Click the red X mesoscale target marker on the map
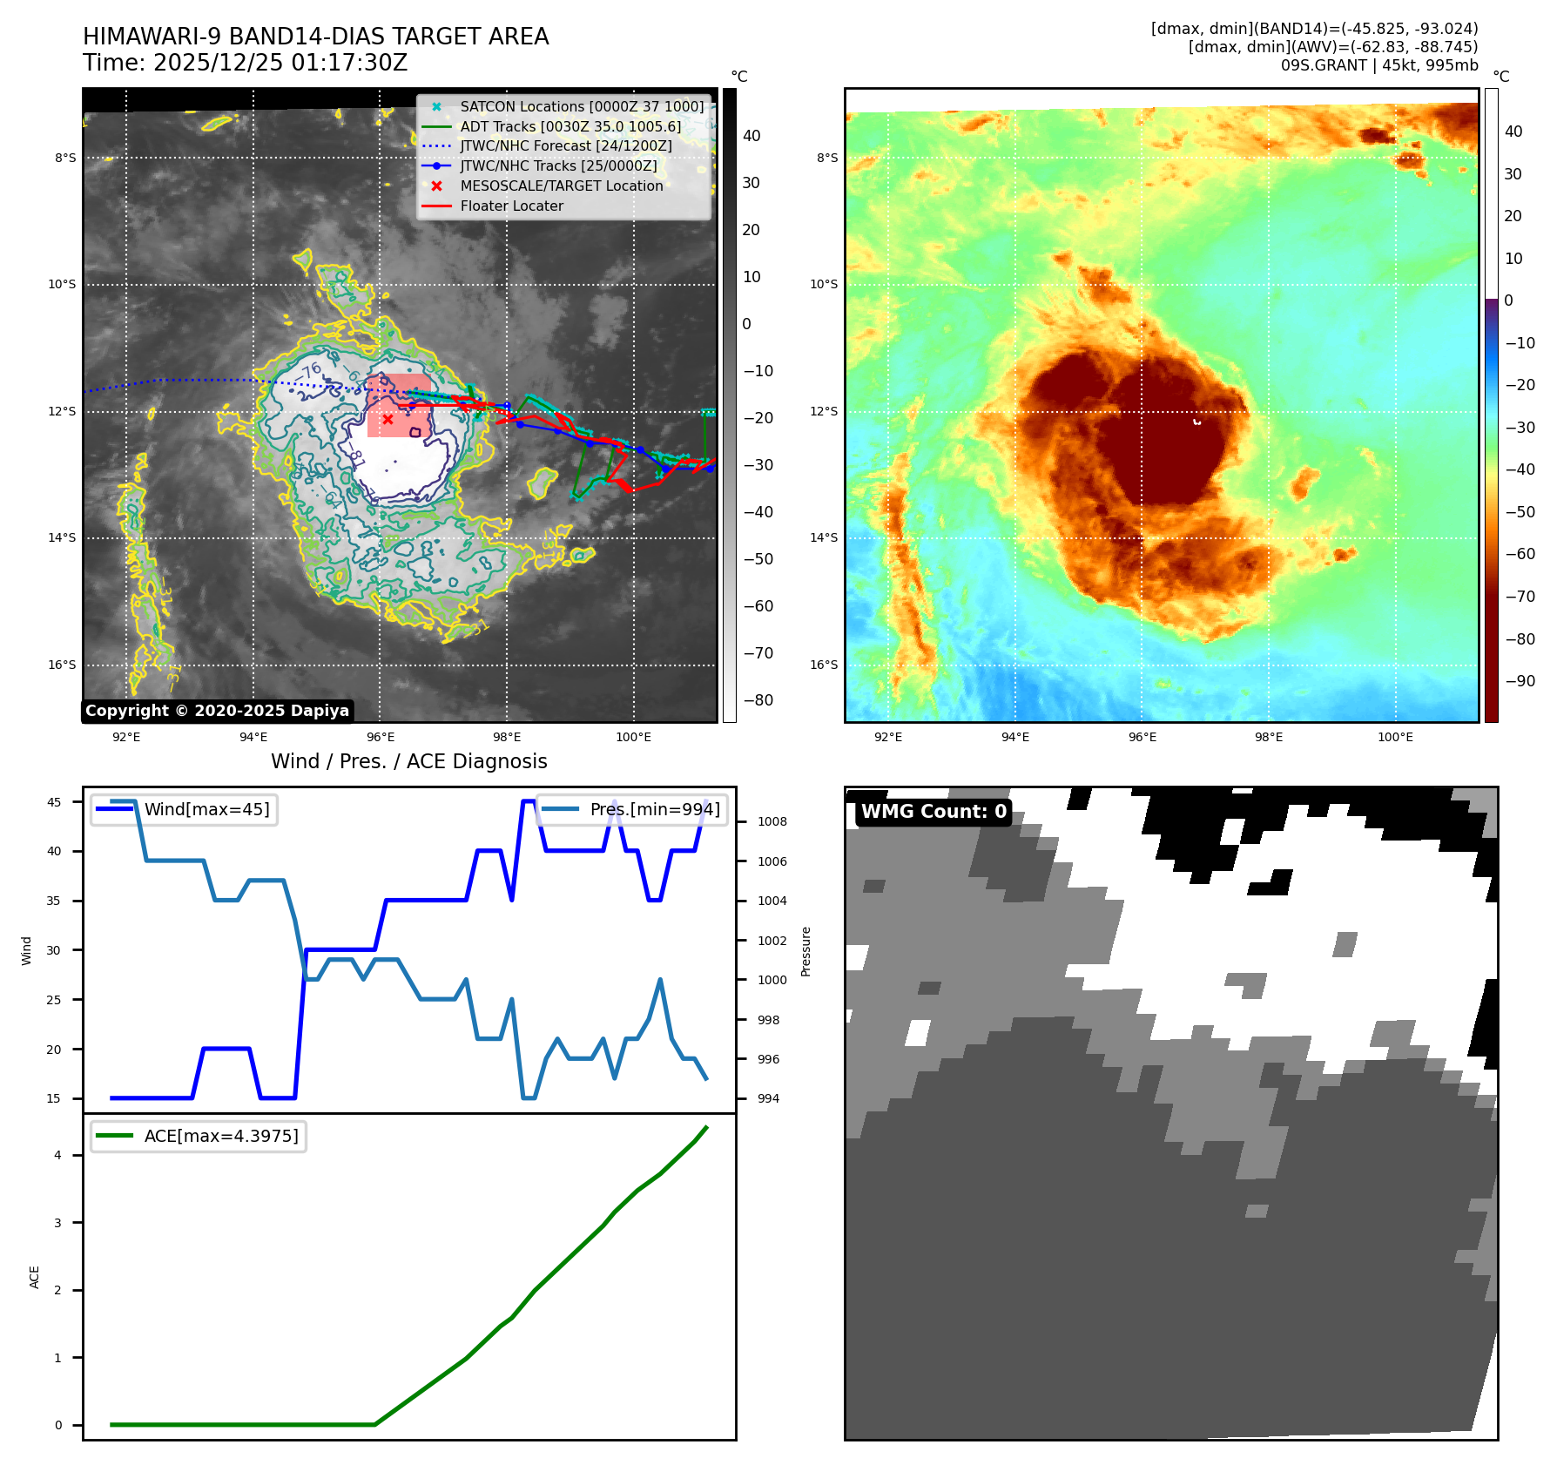[x=388, y=419]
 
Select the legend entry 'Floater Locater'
[x=511, y=206]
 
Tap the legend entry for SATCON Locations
[x=581, y=107]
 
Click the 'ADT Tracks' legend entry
[x=570, y=127]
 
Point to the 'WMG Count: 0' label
[x=934, y=812]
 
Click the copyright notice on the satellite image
[x=217, y=711]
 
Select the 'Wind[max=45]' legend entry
[x=206, y=810]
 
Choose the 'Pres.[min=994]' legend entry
[x=654, y=810]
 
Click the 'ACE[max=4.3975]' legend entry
[x=220, y=1137]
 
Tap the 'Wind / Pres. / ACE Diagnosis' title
[x=408, y=761]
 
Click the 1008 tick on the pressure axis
[x=772, y=821]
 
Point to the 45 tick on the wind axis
[x=54, y=802]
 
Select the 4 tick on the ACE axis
[x=58, y=1156]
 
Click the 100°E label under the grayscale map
[x=633, y=738]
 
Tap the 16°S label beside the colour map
[x=824, y=665]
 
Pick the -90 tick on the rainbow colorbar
[x=1520, y=681]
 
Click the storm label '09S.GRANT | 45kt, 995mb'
[x=1378, y=65]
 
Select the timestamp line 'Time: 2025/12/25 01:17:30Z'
[x=245, y=64]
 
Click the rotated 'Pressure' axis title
[x=806, y=951]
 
